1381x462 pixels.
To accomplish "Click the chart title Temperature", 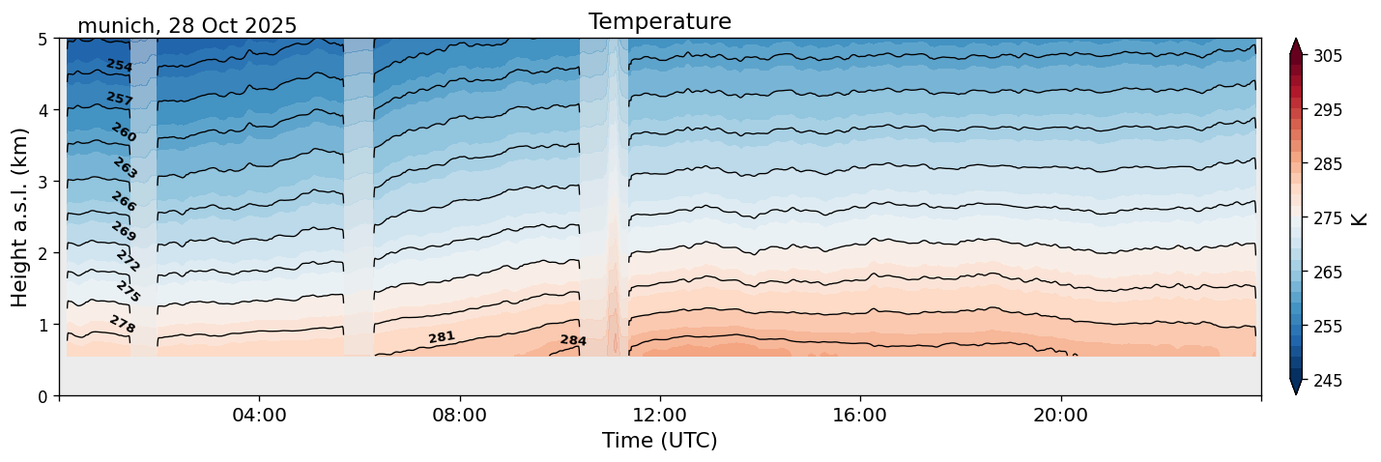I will click(659, 21).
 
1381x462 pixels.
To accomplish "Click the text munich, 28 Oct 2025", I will click(187, 26).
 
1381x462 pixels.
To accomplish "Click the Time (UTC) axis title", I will click(659, 441).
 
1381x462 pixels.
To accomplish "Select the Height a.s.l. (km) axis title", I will click(20, 217).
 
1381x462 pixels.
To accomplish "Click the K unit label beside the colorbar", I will click(1360, 218).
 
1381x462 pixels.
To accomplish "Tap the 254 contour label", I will click(119, 66).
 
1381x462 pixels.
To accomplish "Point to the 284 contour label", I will click(573, 340).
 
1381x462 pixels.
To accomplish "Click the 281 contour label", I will click(442, 337).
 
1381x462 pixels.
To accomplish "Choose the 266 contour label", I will click(124, 202).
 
